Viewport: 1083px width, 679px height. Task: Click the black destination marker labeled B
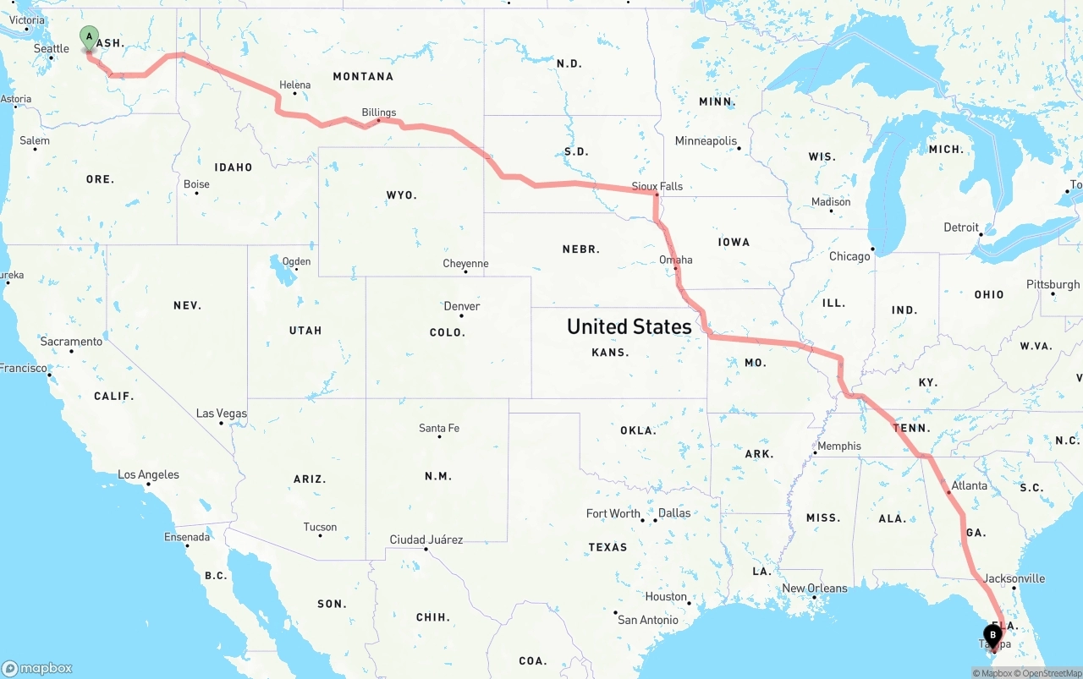point(992,636)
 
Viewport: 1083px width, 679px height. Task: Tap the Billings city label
point(378,112)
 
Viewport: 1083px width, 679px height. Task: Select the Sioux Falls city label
point(657,185)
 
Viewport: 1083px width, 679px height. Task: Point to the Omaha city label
point(675,260)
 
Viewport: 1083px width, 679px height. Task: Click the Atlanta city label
point(969,485)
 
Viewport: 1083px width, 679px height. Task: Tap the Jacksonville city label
point(1014,578)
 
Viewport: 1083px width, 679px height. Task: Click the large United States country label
point(629,326)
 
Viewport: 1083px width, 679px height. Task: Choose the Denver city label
point(462,306)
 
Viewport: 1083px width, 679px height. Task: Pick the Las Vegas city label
point(221,413)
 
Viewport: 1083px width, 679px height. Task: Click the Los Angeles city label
point(148,474)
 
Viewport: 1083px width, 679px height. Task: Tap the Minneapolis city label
point(706,141)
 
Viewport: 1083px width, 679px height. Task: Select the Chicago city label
point(849,256)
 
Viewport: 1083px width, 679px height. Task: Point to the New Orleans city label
point(814,588)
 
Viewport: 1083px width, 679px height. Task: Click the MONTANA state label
point(363,76)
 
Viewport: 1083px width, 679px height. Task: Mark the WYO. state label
point(401,195)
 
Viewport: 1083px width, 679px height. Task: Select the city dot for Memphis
point(815,454)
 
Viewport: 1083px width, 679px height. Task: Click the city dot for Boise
point(196,194)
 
